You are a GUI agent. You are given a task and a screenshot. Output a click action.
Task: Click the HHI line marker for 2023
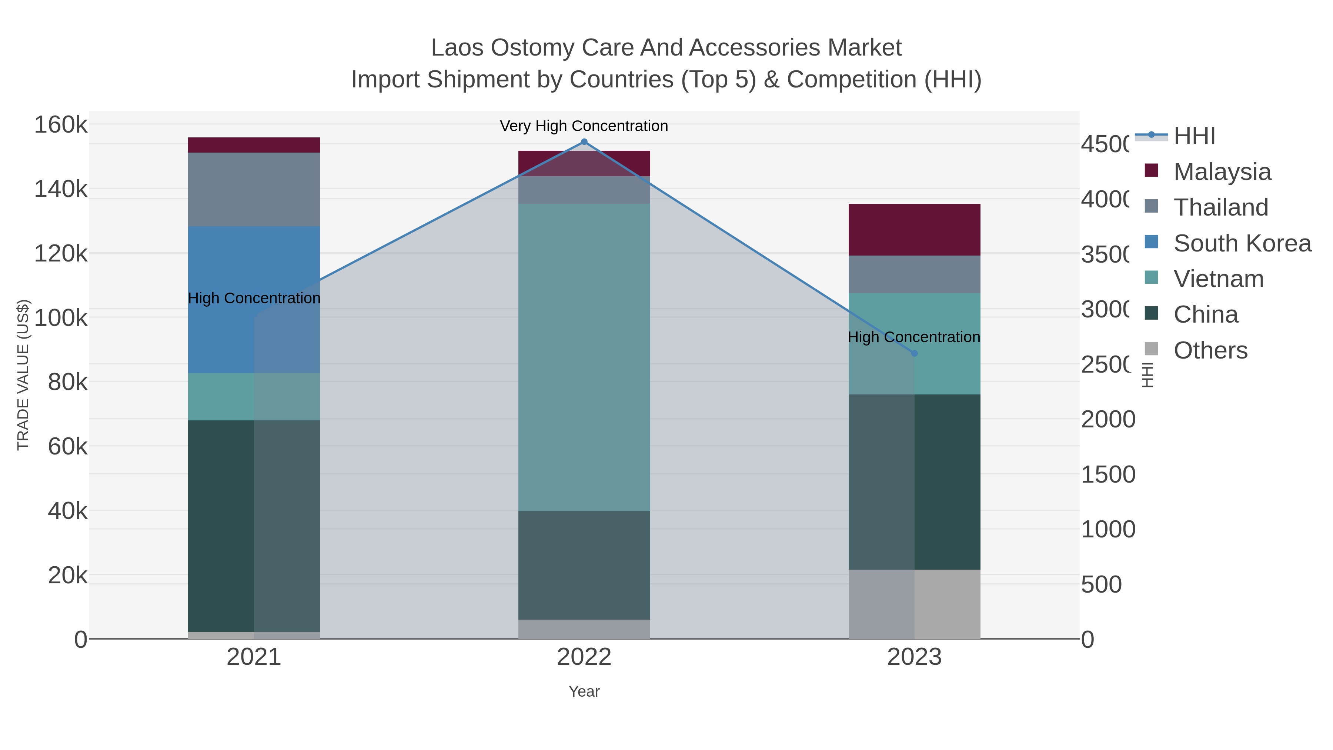tap(914, 354)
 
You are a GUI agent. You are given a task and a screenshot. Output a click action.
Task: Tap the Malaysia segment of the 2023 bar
tap(914, 230)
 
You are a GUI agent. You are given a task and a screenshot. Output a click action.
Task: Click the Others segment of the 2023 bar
tap(914, 604)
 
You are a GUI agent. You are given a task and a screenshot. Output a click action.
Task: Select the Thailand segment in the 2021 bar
tap(254, 189)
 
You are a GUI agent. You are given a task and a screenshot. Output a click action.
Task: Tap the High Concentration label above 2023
tap(913, 337)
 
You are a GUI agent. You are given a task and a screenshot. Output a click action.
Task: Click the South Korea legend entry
tap(1242, 243)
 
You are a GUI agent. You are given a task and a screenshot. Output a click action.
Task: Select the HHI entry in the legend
tap(1194, 136)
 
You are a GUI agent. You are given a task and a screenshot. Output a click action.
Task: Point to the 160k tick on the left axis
tap(61, 125)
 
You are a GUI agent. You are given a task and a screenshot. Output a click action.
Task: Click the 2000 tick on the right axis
tap(1108, 419)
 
